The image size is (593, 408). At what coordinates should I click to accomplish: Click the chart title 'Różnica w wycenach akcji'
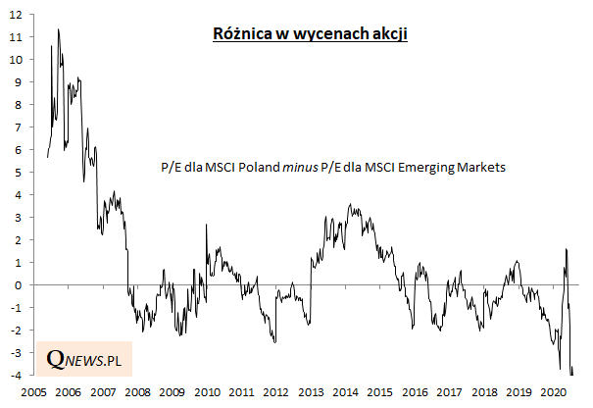(x=311, y=33)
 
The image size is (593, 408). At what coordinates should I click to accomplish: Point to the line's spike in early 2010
(x=206, y=225)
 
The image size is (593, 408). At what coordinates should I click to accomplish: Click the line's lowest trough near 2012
(x=274, y=341)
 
